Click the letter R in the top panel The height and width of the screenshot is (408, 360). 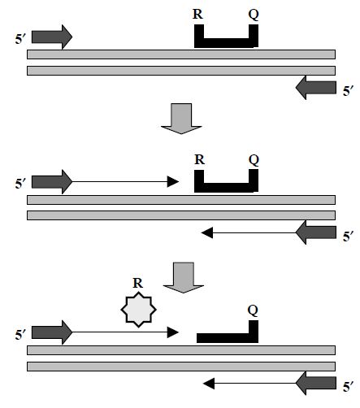click(197, 14)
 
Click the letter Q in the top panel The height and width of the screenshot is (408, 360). click(254, 15)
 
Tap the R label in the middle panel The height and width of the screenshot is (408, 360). click(199, 159)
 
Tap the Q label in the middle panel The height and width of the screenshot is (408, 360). click(254, 160)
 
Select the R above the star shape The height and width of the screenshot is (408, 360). click(138, 283)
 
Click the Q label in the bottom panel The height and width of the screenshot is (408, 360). click(253, 310)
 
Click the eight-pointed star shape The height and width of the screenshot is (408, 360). click(138, 310)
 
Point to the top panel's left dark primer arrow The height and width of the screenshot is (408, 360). click(52, 37)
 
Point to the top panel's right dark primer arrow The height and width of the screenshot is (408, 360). click(316, 88)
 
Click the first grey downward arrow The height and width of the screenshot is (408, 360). click(181, 119)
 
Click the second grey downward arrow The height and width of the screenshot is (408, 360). click(184, 278)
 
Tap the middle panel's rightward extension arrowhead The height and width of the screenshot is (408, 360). click(173, 181)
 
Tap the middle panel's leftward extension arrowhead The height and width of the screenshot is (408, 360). click(207, 232)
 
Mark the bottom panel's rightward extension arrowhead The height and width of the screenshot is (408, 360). click(173, 332)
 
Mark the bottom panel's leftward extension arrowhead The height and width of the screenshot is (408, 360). click(209, 384)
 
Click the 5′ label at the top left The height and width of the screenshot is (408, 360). click(20, 39)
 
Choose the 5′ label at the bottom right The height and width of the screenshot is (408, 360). click(349, 387)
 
